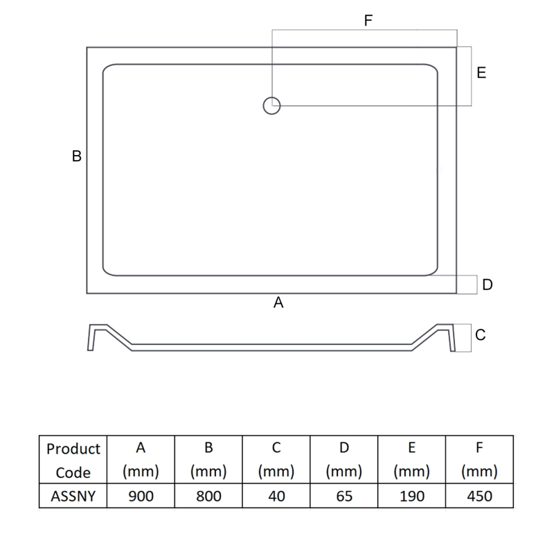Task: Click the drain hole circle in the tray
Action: tap(271, 106)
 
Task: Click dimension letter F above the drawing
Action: tap(368, 21)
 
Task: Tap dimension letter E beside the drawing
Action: tap(481, 73)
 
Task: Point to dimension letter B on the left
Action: tap(77, 157)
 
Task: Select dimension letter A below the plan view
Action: tap(278, 303)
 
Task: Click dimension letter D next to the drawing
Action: tap(488, 285)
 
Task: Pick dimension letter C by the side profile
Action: tap(481, 335)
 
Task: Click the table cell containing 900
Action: tap(141, 497)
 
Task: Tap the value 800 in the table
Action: tap(208, 497)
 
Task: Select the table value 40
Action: tap(276, 497)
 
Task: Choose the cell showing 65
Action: tap(343, 497)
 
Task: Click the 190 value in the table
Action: tap(411, 497)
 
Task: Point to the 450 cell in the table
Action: tap(479, 497)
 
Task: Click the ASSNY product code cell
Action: tap(73, 497)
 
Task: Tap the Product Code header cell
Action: tap(73, 461)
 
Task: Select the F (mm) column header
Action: tap(479, 461)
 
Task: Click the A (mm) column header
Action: tap(141, 461)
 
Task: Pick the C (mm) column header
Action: tap(276, 461)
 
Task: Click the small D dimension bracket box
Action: tap(467, 285)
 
